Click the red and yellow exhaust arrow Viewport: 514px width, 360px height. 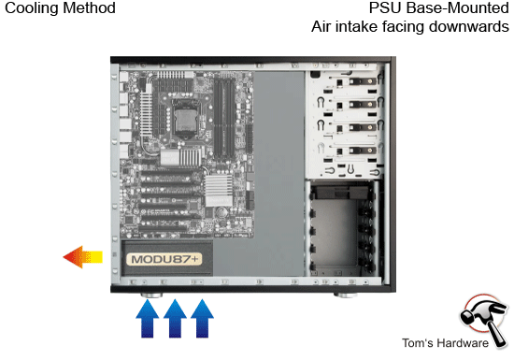pos(82,256)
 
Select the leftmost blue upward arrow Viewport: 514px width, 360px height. pos(148,320)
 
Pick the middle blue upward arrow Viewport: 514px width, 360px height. pos(175,320)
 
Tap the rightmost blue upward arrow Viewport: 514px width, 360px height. pos(202,320)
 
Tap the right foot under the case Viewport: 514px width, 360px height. pos(347,296)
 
